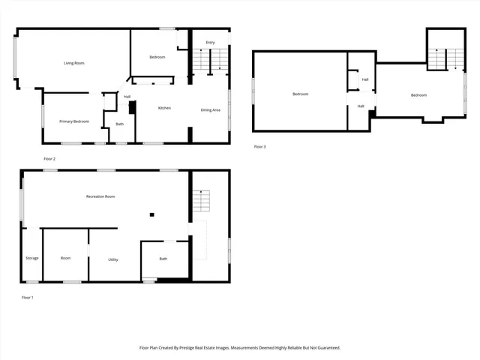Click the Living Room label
[x=73, y=63]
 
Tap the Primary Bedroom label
[x=74, y=121]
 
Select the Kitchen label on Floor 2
[x=163, y=108]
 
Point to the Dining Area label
[x=210, y=110]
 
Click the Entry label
[x=211, y=43]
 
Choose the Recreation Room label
[x=100, y=196]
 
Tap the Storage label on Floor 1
[x=31, y=258]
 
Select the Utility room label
[x=112, y=259]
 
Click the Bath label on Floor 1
[x=163, y=259]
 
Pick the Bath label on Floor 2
[x=119, y=124]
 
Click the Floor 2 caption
[x=49, y=159]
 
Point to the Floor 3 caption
[x=259, y=146]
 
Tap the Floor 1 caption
[x=28, y=298]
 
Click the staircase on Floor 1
[x=200, y=201]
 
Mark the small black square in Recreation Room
[x=151, y=215]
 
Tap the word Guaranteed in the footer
[x=325, y=348]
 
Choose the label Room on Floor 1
[x=65, y=258]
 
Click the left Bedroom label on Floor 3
[x=300, y=94]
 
